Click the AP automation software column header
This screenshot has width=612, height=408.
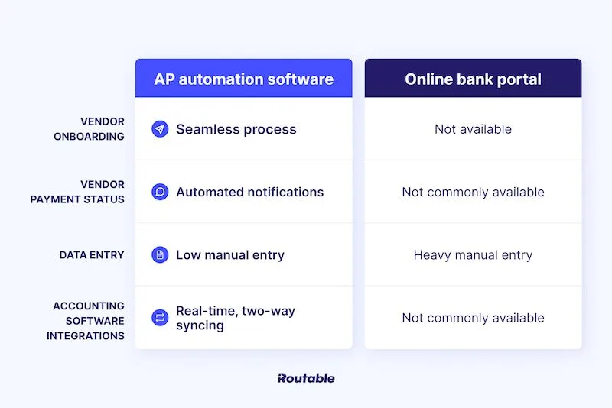pos(243,79)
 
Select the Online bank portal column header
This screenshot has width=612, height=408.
pos(473,79)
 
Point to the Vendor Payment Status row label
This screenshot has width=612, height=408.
pos(77,192)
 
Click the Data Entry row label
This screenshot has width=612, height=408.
pos(92,255)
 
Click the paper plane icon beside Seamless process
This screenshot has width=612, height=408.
pos(160,129)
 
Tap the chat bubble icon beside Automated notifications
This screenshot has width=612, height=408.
pos(160,192)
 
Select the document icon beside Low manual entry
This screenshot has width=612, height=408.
pos(160,255)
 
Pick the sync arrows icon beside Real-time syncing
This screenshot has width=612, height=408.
pos(160,318)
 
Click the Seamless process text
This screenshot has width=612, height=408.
pos(236,129)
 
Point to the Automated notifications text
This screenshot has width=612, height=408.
pos(249,192)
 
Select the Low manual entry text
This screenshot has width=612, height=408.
pos(229,255)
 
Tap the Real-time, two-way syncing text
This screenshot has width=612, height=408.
pos(235,318)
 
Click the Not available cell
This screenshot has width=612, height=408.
pos(473,129)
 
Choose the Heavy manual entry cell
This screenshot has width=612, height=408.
pos(473,255)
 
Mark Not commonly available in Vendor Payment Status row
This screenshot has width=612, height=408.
pos(473,192)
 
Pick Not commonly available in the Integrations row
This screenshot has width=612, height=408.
pos(473,318)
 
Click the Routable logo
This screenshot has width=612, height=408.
pos(306,378)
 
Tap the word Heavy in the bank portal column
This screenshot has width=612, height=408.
pos(432,255)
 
